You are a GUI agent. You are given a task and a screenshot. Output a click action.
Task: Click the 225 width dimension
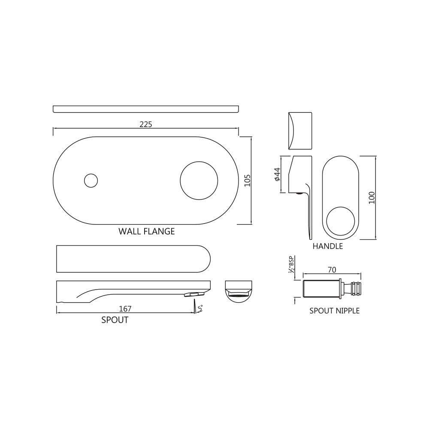click(145, 124)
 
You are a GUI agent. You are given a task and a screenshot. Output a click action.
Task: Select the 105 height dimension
click(248, 180)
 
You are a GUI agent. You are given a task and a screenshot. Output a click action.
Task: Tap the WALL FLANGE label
click(146, 232)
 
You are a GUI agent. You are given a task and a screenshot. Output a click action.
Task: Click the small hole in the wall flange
click(91, 181)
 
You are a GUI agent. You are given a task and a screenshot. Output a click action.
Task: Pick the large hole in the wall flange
click(199, 181)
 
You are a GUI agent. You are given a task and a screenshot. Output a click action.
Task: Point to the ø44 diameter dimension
click(277, 174)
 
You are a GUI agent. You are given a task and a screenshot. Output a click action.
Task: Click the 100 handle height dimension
click(372, 197)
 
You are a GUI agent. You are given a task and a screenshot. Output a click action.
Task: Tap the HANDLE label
click(327, 246)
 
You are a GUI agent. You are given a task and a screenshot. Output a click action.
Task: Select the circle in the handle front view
click(341, 221)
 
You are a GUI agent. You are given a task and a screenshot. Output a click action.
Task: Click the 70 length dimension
click(332, 270)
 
